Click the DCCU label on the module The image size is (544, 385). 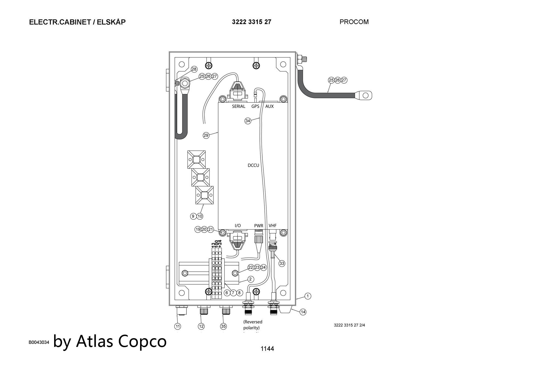point(253,165)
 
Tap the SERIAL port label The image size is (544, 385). point(239,106)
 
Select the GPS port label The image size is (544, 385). point(255,106)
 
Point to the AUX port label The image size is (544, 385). point(269,106)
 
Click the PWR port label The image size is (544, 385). point(258,226)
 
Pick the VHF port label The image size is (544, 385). point(273,226)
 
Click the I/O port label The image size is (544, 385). point(237,226)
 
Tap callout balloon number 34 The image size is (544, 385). point(248,121)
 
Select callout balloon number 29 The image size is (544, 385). point(206,135)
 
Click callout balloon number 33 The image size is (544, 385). point(282,263)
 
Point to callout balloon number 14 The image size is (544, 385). point(303,312)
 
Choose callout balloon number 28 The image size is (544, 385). point(194,69)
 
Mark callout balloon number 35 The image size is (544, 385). point(223,326)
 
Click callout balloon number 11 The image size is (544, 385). point(177,326)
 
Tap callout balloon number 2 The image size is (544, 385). point(251,279)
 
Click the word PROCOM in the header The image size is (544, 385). point(354,22)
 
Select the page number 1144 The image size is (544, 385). point(267,349)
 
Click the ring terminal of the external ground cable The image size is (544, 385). point(365,95)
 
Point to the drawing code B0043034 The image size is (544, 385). point(39,342)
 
